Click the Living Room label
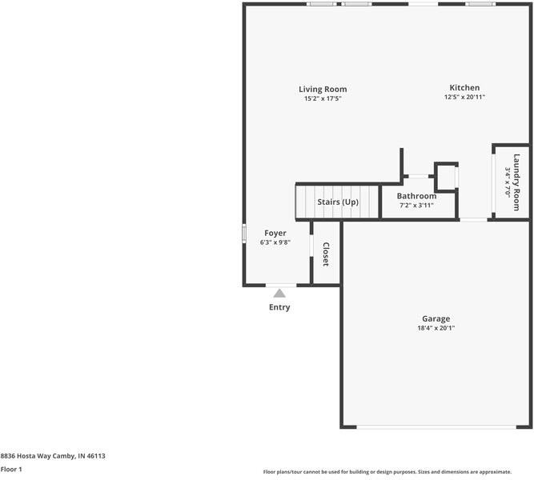tap(323, 89)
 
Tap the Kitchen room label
tap(464, 87)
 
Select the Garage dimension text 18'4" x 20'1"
tap(436, 328)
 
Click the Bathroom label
tap(416, 196)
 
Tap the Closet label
tap(326, 254)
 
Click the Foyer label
tap(275, 233)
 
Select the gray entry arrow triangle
tap(279, 294)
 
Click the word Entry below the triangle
tap(279, 307)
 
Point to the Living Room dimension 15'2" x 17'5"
tap(323, 98)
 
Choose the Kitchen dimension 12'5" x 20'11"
tap(464, 97)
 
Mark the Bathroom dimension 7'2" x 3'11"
tap(416, 206)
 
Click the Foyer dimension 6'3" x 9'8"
tap(275, 242)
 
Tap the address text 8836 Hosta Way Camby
tap(53, 456)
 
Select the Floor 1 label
tap(11, 470)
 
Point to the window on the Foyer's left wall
tap(244, 233)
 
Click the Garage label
tap(436, 318)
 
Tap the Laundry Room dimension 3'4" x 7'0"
tap(508, 182)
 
